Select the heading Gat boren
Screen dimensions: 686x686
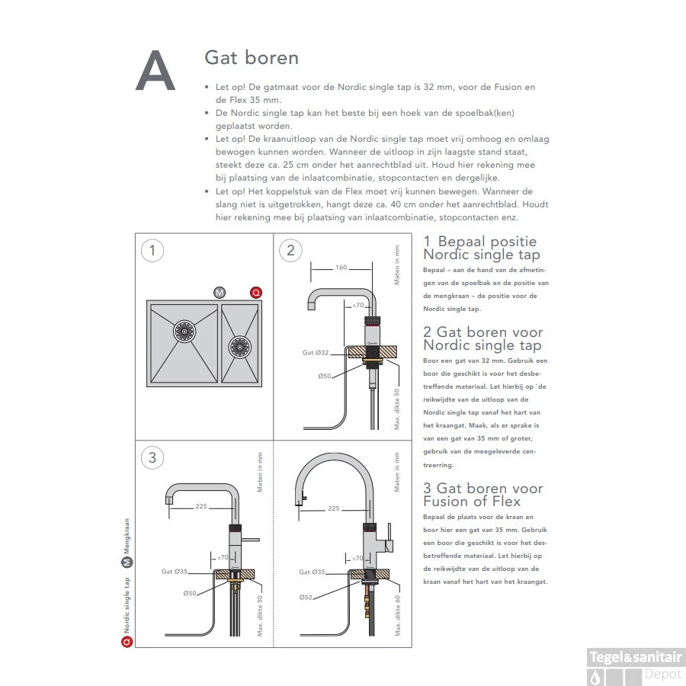click(x=252, y=58)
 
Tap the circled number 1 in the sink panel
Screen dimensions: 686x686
click(x=153, y=251)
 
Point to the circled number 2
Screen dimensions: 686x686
click(x=290, y=251)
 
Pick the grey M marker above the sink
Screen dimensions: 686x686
click(x=220, y=293)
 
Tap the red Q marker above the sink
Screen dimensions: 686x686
click(x=256, y=293)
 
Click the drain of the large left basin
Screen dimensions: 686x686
click(x=184, y=331)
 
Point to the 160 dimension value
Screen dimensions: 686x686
click(x=341, y=268)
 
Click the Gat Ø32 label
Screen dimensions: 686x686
click(x=315, y=352)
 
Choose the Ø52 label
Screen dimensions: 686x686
click(x=306, y=596)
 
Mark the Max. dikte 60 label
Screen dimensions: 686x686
click(x=397, y=615)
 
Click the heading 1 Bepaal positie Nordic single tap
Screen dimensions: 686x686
click(x=481, y=248)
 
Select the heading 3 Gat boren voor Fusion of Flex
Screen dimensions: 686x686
click(x=482, y=495)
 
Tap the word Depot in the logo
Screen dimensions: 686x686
click(x=663, y=674)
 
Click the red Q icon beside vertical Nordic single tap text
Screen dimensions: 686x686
click(x=127, y=642)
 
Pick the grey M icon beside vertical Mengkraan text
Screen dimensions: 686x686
click(x=127, y=563)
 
